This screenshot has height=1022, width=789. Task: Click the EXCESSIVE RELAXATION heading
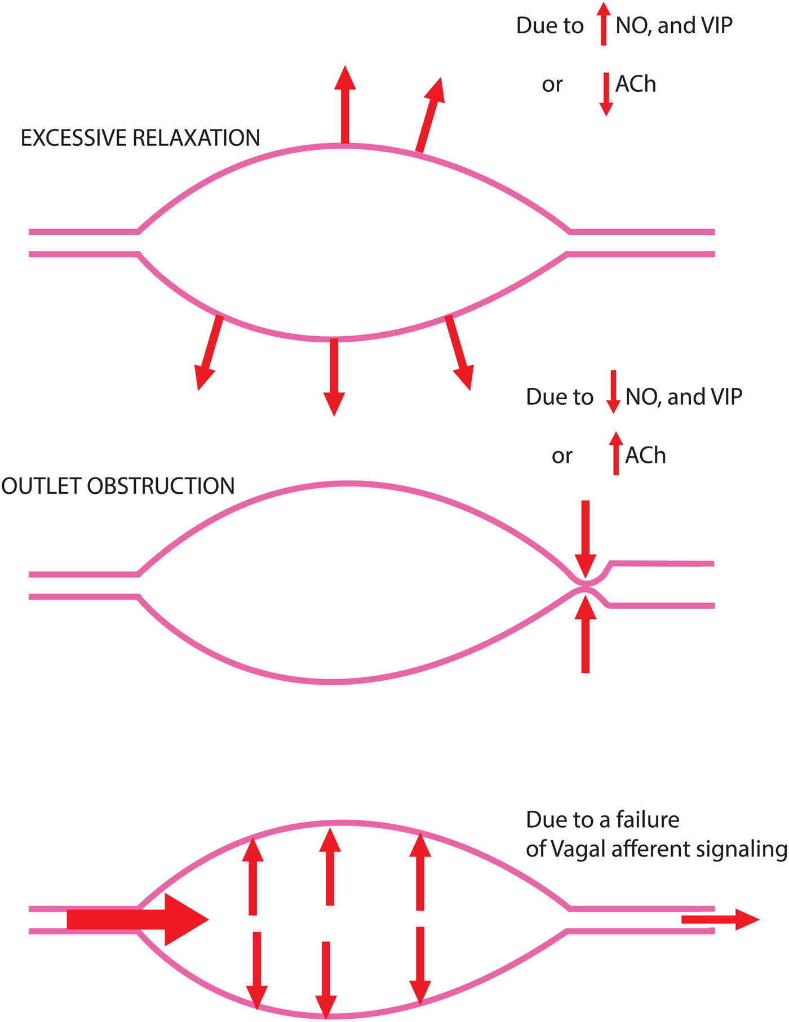140,138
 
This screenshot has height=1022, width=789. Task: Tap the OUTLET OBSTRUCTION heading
118,486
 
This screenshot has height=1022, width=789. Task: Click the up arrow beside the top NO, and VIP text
604,24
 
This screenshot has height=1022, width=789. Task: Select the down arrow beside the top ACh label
606,93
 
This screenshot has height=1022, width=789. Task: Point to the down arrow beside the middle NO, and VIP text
613,392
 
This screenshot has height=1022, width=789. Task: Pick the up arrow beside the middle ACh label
616,453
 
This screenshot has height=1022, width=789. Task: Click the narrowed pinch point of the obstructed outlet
586,585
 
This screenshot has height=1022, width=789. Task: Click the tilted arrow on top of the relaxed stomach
430,115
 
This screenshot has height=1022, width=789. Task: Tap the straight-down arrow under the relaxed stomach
334,377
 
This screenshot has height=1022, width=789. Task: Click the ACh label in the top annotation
636,84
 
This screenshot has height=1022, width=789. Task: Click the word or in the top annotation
552,85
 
